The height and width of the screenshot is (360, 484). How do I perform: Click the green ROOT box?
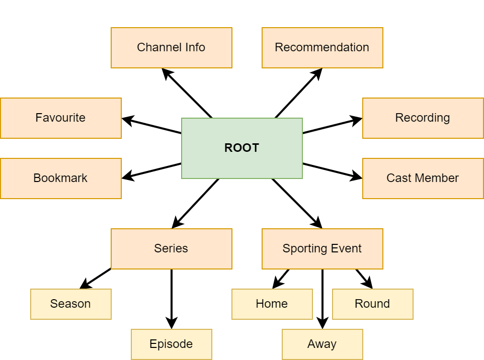click(x=241, y=148)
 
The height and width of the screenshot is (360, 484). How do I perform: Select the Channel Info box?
click(x=171, y=47)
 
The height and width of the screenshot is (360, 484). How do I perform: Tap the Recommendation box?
click(x=322, y=47)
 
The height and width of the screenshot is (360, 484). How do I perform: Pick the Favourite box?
click(x=60, y=118)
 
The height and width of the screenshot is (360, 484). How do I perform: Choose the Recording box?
click(x=423, y=118)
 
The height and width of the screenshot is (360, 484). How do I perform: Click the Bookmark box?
click(x=60, y=178)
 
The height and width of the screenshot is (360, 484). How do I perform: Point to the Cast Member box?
click(x=423, y=178)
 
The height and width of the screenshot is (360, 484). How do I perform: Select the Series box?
click(x=171, y=248)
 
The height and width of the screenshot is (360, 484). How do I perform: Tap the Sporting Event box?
click(x=322, y=248)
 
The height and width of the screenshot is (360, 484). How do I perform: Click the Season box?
click(x=70, y=304)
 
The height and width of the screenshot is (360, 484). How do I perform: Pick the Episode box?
click(x=171, y=344)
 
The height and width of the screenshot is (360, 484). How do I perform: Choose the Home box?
click(x=272, y=304)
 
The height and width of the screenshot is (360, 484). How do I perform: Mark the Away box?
click(x=322, y=344)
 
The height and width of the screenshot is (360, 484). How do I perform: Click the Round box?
click(x=372, y=304)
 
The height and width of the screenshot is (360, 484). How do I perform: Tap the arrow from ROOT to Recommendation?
click(x=298, y=93)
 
